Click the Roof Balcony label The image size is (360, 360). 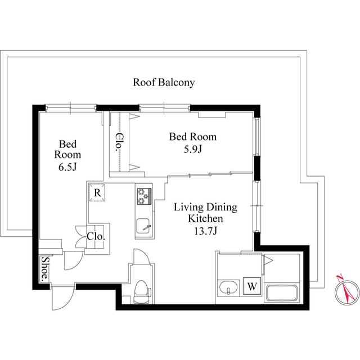coord(164,83)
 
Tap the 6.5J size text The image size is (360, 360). coord(67,167)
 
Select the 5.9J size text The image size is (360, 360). coord(193,150)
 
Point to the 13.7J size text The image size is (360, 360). coord(205,231)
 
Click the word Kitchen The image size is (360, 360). coord(205,219)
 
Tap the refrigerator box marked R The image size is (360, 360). coord(97,192)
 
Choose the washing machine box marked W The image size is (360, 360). coord(252,286)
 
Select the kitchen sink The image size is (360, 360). coord(143,226)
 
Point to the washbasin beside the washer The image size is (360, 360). coord(228,287)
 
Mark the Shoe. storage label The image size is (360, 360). coord(44,269)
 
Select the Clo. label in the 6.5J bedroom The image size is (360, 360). coord(96,236)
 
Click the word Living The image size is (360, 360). coord(188,208)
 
